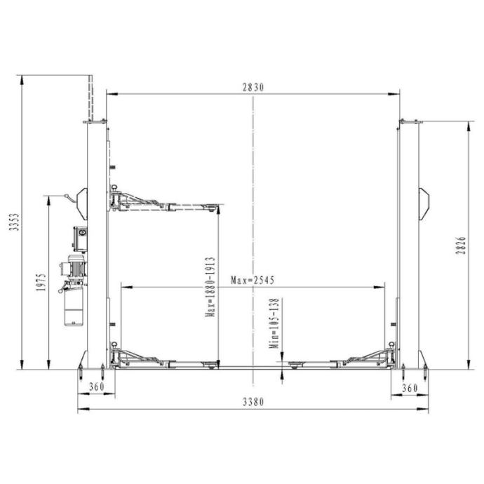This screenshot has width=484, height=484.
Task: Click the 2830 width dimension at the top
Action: point(253,88)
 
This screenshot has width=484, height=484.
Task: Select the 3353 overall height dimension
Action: point(14,222)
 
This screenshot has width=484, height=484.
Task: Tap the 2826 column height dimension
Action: point(461,246)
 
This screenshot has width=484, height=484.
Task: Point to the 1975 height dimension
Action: point(41,282)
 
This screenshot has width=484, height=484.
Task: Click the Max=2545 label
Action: point(253,281)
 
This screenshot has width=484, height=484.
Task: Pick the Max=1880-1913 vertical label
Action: point(210,287)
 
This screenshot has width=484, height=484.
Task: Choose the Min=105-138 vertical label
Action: point(274,323)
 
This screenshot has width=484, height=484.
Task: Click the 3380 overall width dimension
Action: point(253,402)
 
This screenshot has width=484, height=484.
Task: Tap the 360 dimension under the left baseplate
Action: point(97,386)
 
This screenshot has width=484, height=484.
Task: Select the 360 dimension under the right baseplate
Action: point(410,388)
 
